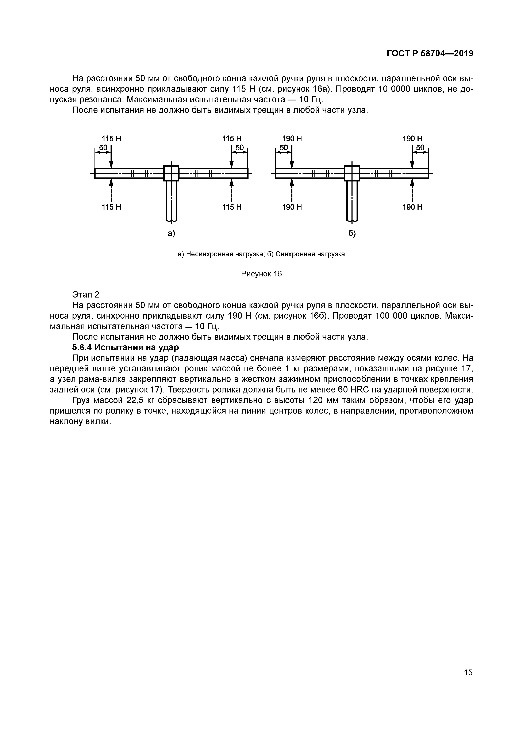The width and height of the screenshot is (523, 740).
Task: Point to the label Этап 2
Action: (86, 294)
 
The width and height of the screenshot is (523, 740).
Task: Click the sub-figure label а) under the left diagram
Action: (171, 233)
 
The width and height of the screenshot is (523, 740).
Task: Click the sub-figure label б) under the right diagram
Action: (352, 233)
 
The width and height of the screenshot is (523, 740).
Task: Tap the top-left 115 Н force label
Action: (111, 139)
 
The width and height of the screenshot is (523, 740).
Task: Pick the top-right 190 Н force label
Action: (412, 139)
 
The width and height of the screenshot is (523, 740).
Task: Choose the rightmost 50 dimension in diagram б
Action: (420, 148)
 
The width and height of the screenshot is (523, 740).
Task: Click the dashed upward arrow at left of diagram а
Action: (111, 190)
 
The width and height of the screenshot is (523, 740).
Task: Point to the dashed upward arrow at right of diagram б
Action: (412, 190)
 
